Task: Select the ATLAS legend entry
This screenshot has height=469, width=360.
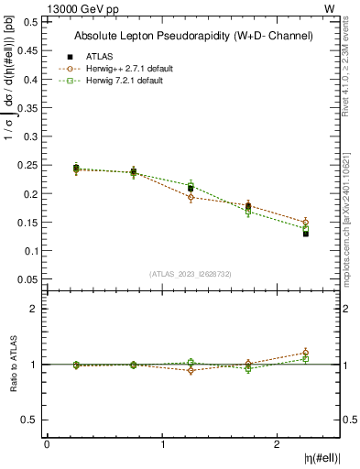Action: (99, 56)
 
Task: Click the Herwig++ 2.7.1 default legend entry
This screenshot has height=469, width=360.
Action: (121, 69)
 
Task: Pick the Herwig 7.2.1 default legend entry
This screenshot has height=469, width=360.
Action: (119, 82)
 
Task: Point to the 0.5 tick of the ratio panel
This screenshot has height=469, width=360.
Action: (27, 420)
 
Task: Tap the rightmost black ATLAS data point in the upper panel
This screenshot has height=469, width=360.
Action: (306, 234)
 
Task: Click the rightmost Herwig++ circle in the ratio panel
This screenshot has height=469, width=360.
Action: (306, 353)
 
